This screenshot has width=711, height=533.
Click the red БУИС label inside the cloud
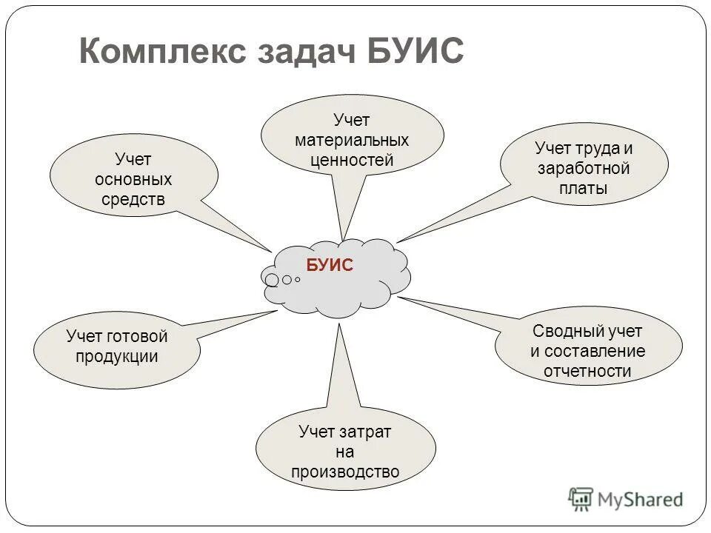click(x=330, y=266)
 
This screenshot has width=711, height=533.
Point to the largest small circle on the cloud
click(x=272, y=280)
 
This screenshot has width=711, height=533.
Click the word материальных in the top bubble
click(x=352, y=140)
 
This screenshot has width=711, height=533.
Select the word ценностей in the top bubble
click(x=352, y=160)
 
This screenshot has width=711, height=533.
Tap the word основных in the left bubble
click(x=133, y=179)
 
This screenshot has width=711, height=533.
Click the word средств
click(x=133, y=199)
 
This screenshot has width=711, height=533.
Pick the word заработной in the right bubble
click(x=584, y=168)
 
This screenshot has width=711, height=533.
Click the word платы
click(x=584, y=188)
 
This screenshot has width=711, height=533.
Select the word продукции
click(x=117, y=356)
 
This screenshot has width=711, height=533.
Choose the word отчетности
click(x=587, y=371)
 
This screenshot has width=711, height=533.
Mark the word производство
click(x=345, y=472)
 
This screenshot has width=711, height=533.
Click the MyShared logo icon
click(x=581, y=500)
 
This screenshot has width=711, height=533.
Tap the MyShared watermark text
click(x=641, y=500)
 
